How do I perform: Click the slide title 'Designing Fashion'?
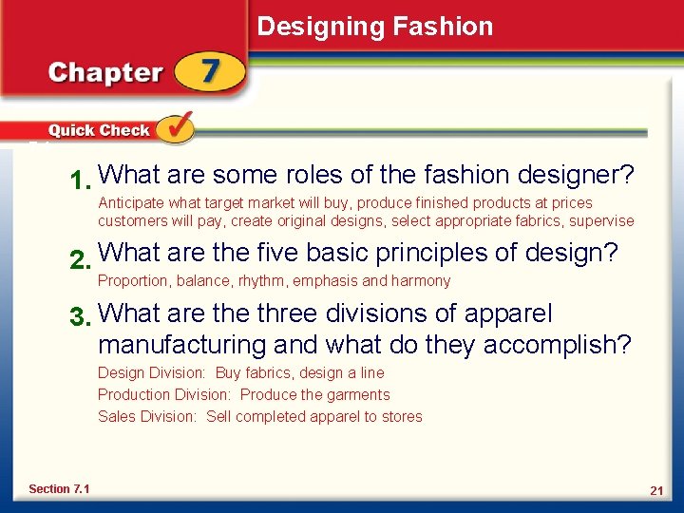[x=375, y=26]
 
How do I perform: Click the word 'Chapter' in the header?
[x=105, y=73]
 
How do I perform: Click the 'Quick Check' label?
[x=99, y=130]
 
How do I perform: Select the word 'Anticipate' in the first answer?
[x=131, y=202]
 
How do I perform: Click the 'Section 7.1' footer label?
[x=59, y=488]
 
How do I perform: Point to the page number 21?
[x=655, y=490]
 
